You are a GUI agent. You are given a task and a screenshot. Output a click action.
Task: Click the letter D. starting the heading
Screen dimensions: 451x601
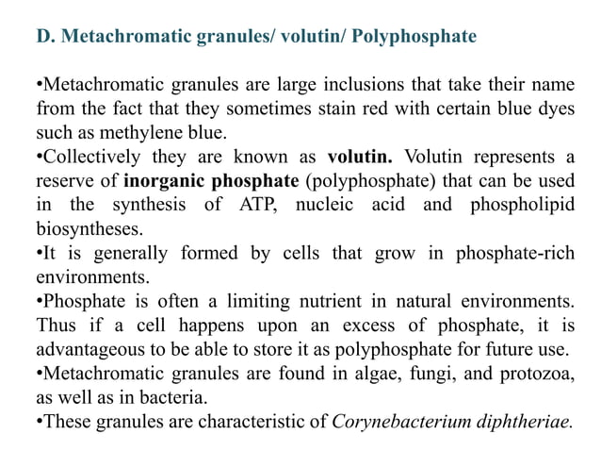click(44, 37)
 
